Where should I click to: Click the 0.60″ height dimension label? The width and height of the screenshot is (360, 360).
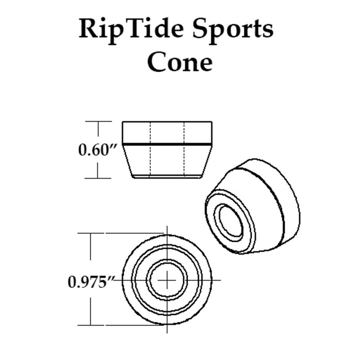94,149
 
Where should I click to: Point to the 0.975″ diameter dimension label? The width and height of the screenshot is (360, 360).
90,282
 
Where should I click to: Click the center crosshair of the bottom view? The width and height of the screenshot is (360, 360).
167,279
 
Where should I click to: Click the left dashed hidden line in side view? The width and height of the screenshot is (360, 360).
150,153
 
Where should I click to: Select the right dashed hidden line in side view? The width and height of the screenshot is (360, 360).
184,153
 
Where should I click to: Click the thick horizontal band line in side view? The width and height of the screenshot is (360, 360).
167,144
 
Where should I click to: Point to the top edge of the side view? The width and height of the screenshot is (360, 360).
167,121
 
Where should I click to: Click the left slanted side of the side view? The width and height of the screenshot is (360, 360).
127,160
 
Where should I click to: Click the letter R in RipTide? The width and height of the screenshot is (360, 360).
88,29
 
